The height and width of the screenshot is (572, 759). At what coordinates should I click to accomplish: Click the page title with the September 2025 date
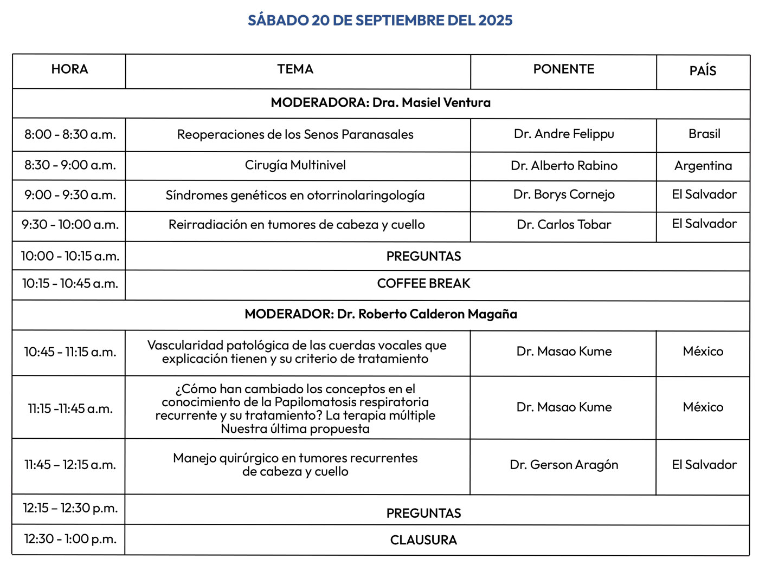(380, 21)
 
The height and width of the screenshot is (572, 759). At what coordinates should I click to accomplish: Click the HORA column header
(69, 69)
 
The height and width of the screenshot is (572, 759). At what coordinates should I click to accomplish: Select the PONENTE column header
(564, 69)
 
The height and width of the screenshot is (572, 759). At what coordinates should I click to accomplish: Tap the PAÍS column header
(703, 71)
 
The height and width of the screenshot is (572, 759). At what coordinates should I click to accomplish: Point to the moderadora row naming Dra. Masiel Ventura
(381, 102)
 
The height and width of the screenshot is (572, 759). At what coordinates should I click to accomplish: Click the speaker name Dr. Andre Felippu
(564, 134)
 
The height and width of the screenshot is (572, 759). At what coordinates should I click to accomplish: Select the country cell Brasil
(704, 134)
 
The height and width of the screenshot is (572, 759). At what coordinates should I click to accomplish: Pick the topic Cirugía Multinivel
(295, 165)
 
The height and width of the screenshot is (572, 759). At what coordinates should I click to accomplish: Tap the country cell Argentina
(703, 166)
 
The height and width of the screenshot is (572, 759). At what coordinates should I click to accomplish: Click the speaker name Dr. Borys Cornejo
(564, 194)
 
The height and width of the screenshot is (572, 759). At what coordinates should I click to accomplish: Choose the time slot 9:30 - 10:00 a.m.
(70, 225)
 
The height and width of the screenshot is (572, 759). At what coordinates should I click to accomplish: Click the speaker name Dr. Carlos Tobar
(564, 225)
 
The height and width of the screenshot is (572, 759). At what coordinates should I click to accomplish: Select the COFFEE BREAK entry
(423, 284)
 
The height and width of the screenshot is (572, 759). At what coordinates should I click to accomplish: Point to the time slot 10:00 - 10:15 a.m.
(70, 256)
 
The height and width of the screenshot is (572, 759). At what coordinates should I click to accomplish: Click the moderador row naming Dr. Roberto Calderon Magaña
(381, 314)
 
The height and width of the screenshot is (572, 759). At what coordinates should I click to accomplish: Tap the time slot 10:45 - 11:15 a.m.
(70, 352)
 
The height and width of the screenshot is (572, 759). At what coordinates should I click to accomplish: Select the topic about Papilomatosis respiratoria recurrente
(295, 408)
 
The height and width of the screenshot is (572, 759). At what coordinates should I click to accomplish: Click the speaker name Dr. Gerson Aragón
(564, 465)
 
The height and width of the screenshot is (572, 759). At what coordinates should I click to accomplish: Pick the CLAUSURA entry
(423, 540)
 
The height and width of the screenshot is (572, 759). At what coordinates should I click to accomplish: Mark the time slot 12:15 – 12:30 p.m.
(70, 508)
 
